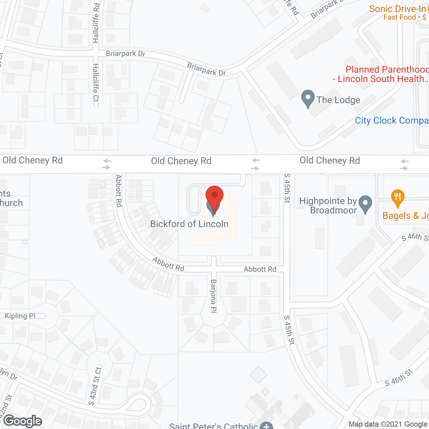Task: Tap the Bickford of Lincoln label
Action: click(x=189, y=224)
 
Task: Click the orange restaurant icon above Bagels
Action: click(x=397, y=198)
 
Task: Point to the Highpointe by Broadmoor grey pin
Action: click(x=365, y=204)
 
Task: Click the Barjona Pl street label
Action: click(x=213, y=296)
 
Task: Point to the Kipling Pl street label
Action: click(x=20, y=316)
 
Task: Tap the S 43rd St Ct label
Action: click(x=95, y=386)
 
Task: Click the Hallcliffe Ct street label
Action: click(x=96, y=83)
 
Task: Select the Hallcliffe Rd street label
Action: click(x=96, y=23)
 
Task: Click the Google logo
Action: click(x=23, y=421)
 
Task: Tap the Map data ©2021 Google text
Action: click(x=388, y=424)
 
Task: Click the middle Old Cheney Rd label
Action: click(x=181, y=161)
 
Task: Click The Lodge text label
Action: click(x=338, y=100)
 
